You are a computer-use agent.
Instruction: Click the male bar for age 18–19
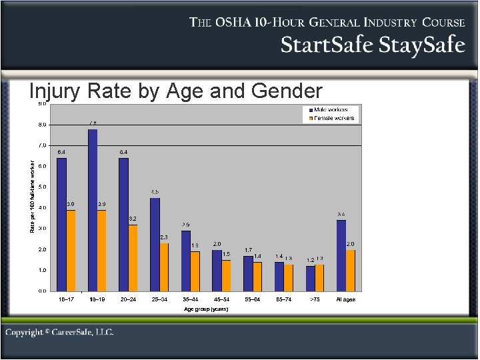point(93,210)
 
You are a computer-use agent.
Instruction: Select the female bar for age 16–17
point(71,251)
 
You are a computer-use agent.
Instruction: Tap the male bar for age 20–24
point(123,224)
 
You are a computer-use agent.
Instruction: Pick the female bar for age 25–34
point(164,267)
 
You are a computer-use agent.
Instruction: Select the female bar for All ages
point(351,270)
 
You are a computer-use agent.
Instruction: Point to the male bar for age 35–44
point(186,261)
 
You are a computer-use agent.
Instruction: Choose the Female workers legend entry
point(331,118)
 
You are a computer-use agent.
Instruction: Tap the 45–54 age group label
point(222,299)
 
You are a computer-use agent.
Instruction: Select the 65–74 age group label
point(284,299)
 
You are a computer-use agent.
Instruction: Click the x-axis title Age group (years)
point(206,309)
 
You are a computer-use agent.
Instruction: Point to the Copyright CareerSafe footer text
point(60,332)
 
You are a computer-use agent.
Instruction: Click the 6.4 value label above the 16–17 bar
point(61,152)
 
